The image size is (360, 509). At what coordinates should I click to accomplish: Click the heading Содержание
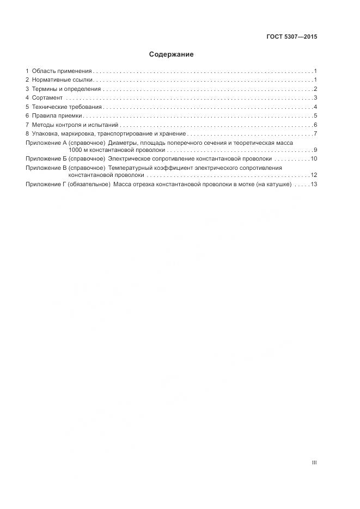[172, 54]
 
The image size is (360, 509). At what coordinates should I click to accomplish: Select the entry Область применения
[62, 71]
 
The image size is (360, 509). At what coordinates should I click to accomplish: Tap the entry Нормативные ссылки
[63, 80]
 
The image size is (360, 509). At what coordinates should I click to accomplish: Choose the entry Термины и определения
[66, 89]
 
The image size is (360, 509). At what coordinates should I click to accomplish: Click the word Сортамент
[47, 98]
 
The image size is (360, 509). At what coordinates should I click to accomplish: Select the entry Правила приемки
[57, 115]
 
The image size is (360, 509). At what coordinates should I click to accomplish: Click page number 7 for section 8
[315, 133]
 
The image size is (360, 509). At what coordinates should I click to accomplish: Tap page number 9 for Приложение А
[315, 150]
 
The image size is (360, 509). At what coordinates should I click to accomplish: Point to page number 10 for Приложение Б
[314, 158]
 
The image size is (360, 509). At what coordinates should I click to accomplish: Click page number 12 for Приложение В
[314, 175]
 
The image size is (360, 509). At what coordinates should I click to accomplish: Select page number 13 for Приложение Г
[314, 185]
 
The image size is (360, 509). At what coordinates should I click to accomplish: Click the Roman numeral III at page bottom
[314, 463]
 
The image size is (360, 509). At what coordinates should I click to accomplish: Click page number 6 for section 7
[315, 125]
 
